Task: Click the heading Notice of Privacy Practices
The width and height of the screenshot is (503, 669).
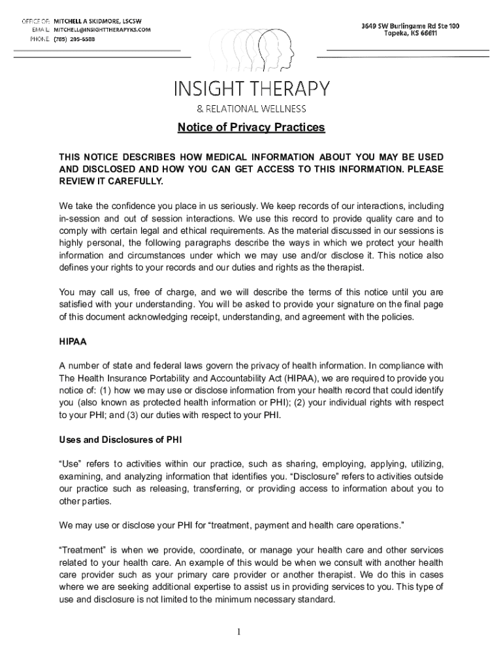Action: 251,127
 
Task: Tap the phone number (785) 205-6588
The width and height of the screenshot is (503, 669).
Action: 74,39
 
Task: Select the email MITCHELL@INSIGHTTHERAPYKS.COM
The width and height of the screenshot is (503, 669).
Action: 102,30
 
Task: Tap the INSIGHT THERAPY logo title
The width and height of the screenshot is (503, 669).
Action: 251,88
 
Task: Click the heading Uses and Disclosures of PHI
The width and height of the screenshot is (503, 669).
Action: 110,439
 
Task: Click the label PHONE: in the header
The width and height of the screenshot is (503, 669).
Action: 39,39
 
